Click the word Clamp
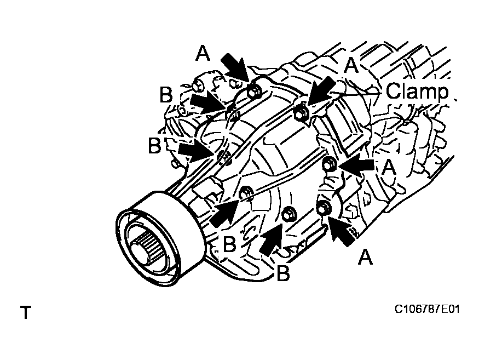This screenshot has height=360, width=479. (417, 92)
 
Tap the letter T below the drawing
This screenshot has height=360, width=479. (25, 313)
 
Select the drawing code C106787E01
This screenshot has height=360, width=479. (427, 310)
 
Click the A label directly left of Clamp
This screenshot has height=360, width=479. (351, 65)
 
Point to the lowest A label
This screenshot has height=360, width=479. (365, 256)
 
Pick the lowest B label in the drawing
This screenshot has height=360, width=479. (282, 272)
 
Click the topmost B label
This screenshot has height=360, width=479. (166, 94)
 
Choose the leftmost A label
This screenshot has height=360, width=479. (203, 53)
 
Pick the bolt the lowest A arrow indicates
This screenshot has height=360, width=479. (323, 208)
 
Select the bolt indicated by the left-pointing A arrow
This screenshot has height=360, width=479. (329, 164)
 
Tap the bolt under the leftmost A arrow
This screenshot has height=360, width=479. (253, 92)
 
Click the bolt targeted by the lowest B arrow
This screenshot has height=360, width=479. (288, 213)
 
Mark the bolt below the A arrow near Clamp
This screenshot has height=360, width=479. (300, 113)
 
